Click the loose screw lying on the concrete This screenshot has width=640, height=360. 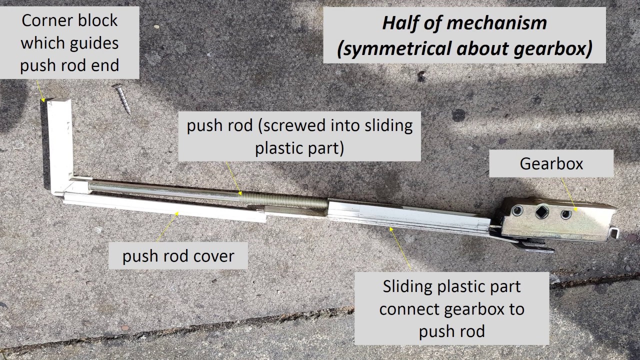click(122, 98)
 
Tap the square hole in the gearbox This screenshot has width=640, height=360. click(541, 211)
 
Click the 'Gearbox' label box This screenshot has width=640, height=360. click(551, 163)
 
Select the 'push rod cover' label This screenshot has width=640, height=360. click(178, 255)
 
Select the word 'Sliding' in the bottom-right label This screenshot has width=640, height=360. click(407, 287)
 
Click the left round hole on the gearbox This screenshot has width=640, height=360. click(517, 210)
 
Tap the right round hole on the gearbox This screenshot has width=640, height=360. click(566, 214)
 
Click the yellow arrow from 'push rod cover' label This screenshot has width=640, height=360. click(167, 226)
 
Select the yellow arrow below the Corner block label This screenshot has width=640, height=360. click(40, 91)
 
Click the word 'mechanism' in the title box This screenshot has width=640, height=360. click(496, 23)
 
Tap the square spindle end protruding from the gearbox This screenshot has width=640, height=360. click(613, 232)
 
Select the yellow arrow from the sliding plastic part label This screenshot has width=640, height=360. click(400, 248)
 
